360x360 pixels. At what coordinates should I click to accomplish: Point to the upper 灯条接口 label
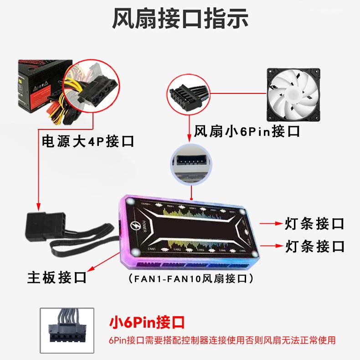coord(314,224)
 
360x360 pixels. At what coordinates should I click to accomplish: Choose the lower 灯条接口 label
coord(314,247)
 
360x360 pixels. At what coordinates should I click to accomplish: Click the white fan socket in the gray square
coord(191,163)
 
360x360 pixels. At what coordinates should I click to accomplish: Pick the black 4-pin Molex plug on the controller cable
coord(41,226)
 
